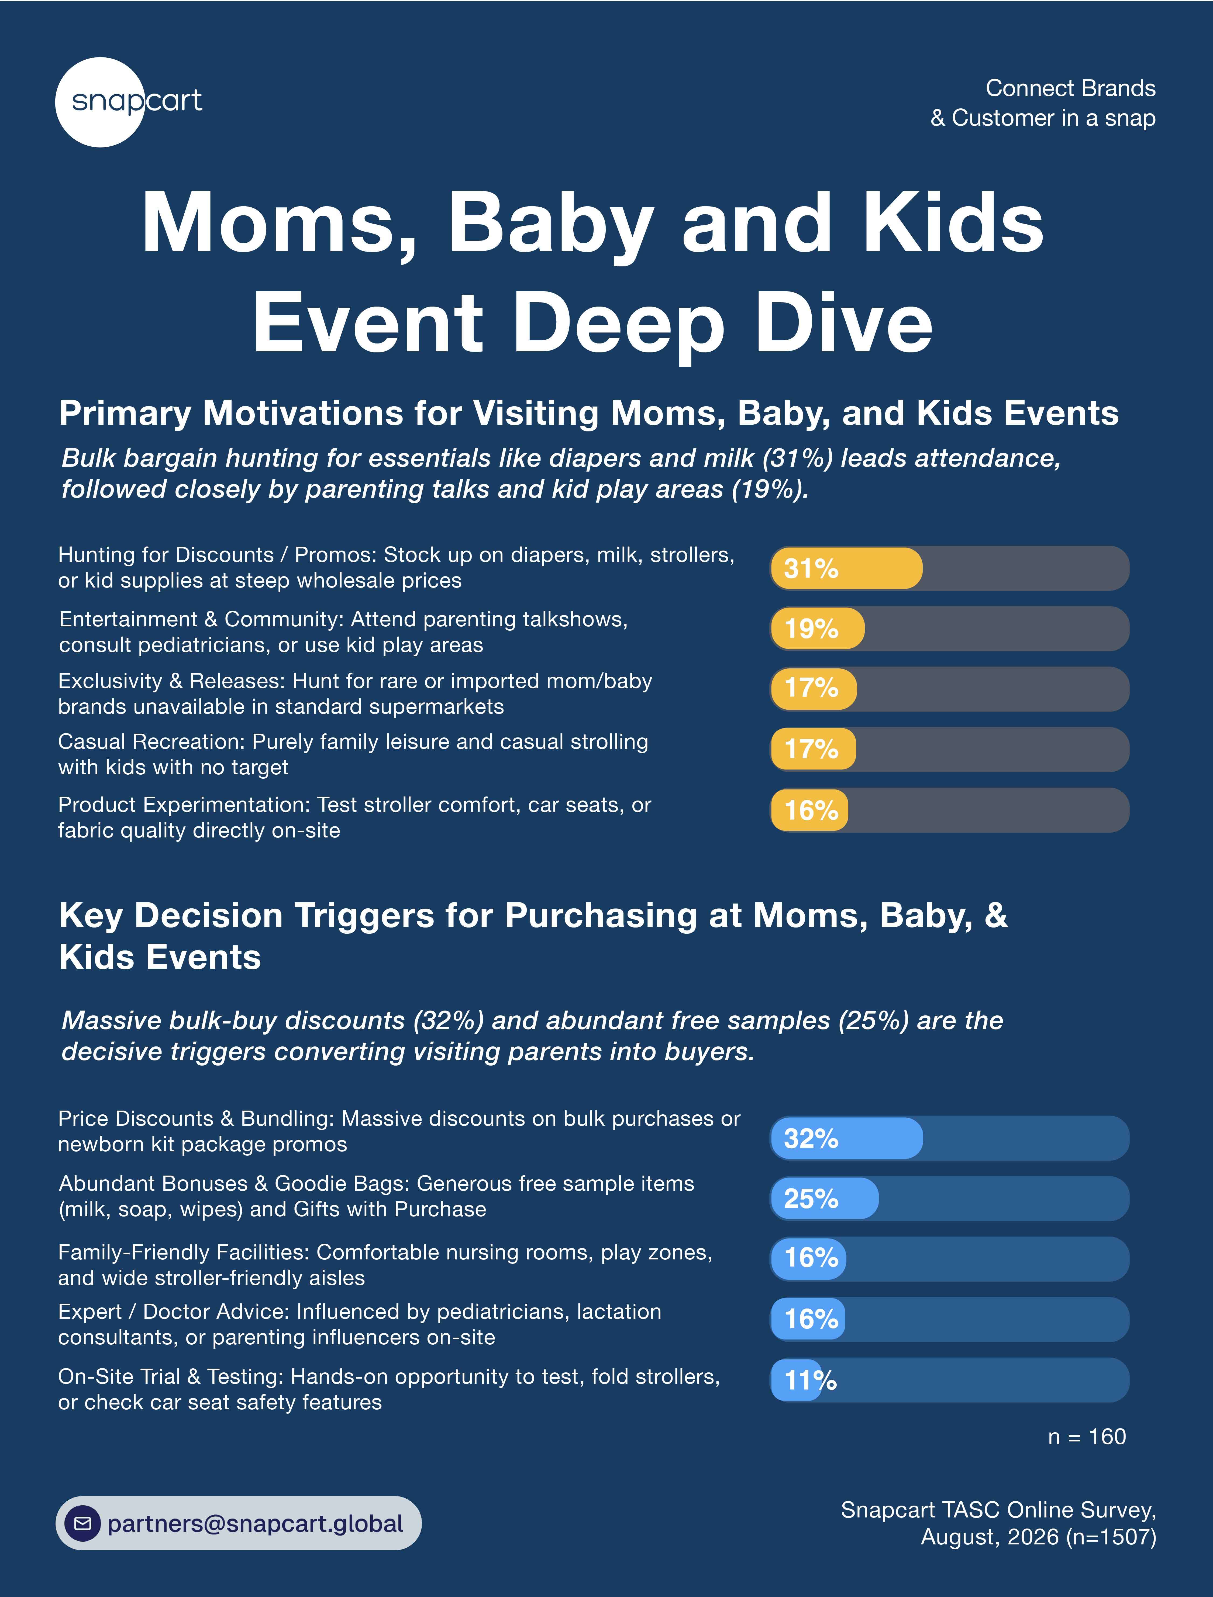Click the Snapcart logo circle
[x=100, y=102]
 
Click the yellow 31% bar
[x=846, y=568]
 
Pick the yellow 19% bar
[x=817, y=629]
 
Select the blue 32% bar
[x=846, y=1138]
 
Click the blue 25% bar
[x=825, y=1199]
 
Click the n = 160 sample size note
[x=1087, y=1437]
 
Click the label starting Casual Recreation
[x=353, y=754]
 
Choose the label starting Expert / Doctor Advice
[x=360, y=1324]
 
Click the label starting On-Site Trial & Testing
[x=389, y=1389]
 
